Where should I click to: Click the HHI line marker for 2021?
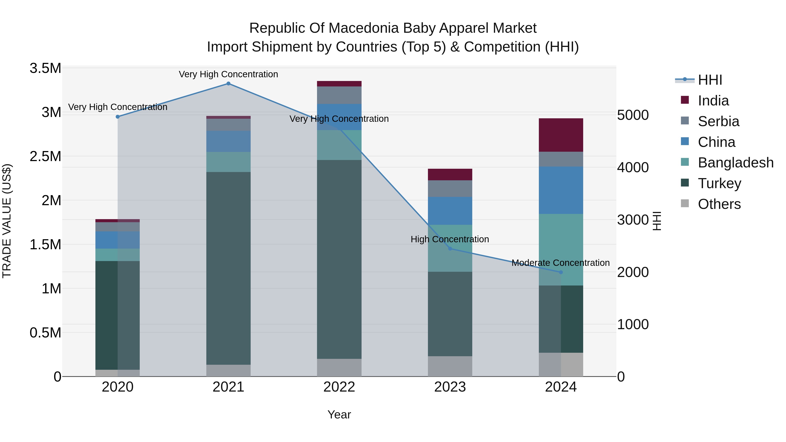[x=228, y=84]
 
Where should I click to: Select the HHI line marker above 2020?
[x=118, y=117]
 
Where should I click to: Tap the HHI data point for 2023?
[x=450, y=249]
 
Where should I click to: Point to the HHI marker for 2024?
[x=561, y=272]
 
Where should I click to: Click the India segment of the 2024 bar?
[x=561, y=135]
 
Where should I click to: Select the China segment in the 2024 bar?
[x=561, y=190]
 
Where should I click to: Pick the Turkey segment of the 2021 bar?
[x=228, y=268]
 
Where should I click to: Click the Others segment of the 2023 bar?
[x=450, y=366]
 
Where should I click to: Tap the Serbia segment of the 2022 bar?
[x=339, y=95]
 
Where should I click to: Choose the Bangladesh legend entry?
[x=735, y=163]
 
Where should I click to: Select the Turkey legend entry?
[x=719, y=183]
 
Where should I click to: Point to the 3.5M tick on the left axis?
[x=45, y=68]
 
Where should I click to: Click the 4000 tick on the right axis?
[x=633, y=167]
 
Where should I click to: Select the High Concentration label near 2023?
[x=450, y=239]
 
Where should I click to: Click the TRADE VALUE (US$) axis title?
[x=7, y=221]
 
